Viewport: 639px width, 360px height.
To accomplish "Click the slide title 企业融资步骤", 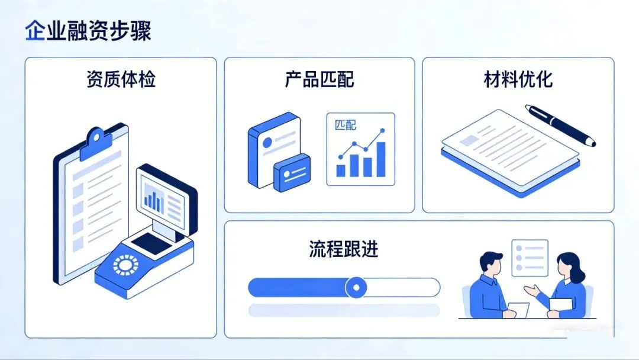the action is [x=88, y=31].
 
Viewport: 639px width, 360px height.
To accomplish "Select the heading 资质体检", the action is [x=121, y=79].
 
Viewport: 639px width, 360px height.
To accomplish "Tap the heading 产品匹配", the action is [x=319, y=79].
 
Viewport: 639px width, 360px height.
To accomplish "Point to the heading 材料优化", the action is [x=518, y=79].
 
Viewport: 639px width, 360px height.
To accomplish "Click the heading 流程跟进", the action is [x=344, y=249].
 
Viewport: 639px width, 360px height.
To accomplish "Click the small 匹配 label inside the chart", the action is [x=346, y=126].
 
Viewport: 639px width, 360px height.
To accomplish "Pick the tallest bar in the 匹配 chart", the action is [x=381, y=159].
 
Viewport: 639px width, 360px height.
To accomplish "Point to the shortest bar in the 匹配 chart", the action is [x=341, y=171].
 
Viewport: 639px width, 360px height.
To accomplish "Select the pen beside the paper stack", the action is [x=560, y=125].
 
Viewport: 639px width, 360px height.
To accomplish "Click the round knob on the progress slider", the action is [x=356, y=288].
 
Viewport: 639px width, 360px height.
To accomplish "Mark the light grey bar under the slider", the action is [x=344, y=310].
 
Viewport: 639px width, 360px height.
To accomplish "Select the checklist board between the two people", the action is [x=530, y=258].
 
